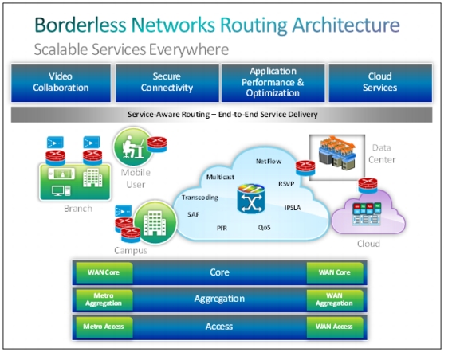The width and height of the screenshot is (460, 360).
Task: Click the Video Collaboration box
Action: click(x=61, y=83)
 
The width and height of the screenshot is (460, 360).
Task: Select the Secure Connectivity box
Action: click(x=167, y=83)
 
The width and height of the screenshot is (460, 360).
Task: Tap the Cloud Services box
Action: click(x=380, y=83)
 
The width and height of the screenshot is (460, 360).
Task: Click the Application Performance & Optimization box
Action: click(x=273, y=83)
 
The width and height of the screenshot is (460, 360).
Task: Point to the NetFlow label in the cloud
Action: click(x=269, y=161)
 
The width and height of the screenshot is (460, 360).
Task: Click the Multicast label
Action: click(x=220, y=177)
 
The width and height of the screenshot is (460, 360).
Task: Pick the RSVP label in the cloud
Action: click(x=286, y=184)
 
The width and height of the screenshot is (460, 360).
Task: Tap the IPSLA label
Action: click(x=293, y=208)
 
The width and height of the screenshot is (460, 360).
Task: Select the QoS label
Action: click(x=264, y=227)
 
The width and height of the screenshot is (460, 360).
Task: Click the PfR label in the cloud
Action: click(x=222, y=228)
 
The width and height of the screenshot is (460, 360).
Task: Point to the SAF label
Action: click(x=193, y=214)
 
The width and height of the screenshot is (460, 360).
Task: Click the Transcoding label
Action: click(x=199, y=198)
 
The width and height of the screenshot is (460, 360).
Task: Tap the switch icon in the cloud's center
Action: click(x=251, y=199)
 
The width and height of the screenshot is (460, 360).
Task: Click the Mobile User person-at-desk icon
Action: click(x=133, y=147)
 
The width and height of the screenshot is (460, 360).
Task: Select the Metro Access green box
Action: click(x=104, y=327)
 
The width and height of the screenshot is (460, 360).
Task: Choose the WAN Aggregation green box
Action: click(x=335, y=299)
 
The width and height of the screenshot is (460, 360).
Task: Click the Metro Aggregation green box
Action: click(x=104, y=299)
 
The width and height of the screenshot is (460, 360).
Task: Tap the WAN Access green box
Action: click(x=335, y=327)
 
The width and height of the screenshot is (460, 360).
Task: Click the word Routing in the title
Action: click(x=254, y=25)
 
